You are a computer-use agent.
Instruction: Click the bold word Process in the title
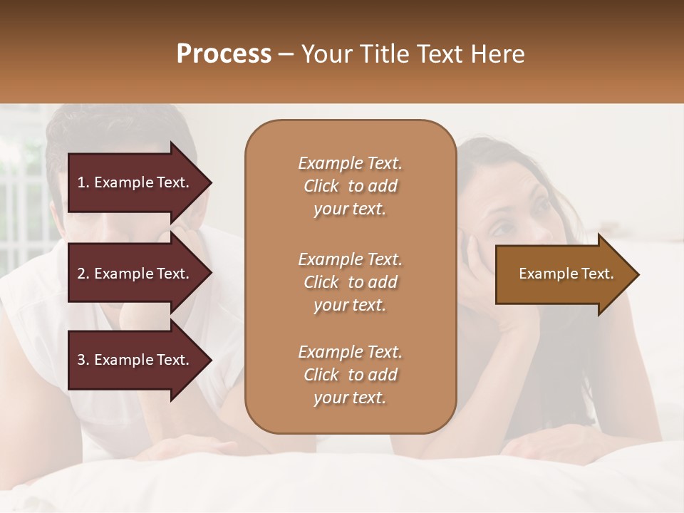(224, 54)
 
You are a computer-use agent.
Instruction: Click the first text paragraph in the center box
(350, 186)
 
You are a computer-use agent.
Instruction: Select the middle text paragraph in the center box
(350, 281)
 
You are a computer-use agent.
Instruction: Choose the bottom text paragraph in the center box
(350, 375)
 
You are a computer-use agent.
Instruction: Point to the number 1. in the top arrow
(83, 182)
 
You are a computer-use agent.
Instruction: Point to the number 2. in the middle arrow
(83, 274)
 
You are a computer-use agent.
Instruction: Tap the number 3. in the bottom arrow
(83, 360)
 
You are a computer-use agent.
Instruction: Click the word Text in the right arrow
(598, 274)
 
